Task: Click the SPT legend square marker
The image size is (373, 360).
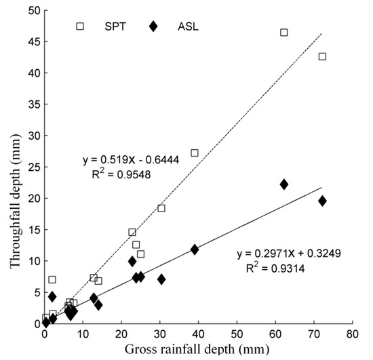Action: (x=80, y=26)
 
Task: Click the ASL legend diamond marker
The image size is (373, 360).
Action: (x=153, y=26)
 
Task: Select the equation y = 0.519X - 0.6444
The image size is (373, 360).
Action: (x=127, y=161)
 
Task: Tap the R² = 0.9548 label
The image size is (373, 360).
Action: (x=121, y=174)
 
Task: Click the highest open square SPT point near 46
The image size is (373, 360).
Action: (x=284, y=33)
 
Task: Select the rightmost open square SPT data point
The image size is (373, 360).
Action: (x=322, y=56)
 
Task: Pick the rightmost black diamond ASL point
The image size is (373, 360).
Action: (x=322, y=201)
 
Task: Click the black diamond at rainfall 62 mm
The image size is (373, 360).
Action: (x=284, y=184)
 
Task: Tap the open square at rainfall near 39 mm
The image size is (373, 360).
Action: (x=195, y=153)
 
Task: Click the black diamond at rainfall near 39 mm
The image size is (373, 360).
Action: (x=195, y=249)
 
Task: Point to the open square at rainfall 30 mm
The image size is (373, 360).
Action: (x=161, y=208)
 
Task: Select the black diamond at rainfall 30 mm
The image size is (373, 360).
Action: (x=161, y=279)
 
